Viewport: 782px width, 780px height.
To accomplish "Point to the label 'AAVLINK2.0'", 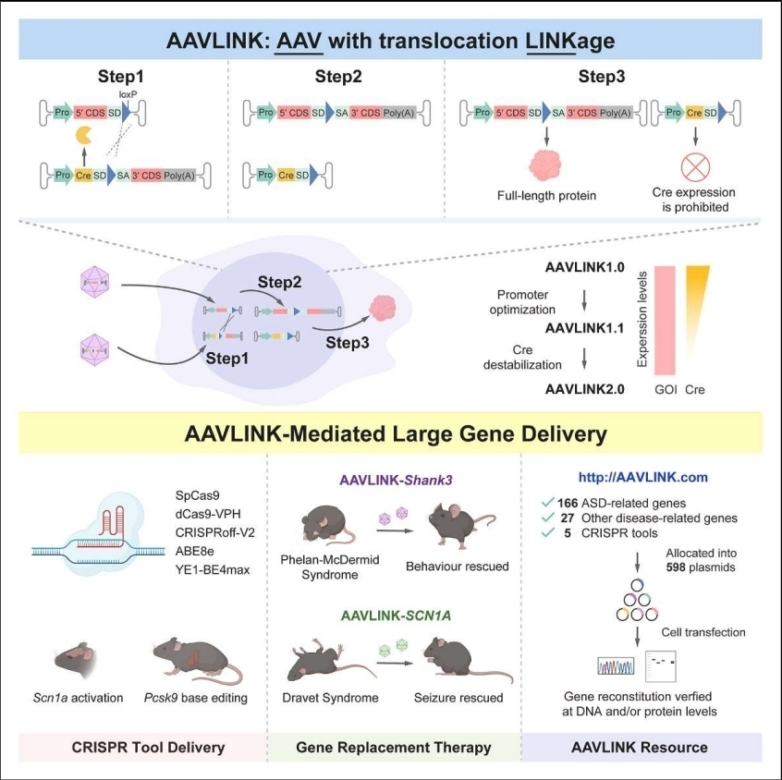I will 585,389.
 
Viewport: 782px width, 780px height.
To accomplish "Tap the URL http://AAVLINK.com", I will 643,478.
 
